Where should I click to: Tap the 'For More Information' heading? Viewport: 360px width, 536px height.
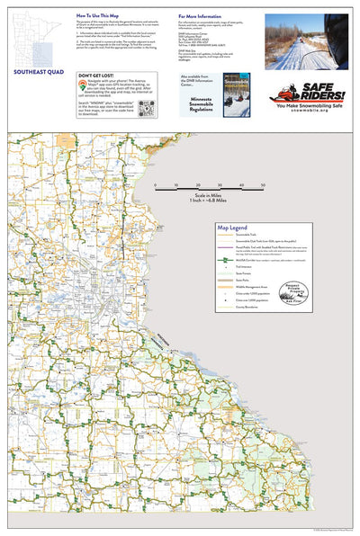click(x=202, y=16)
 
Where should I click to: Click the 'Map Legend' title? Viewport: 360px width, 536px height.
click(x=233, y=228)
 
